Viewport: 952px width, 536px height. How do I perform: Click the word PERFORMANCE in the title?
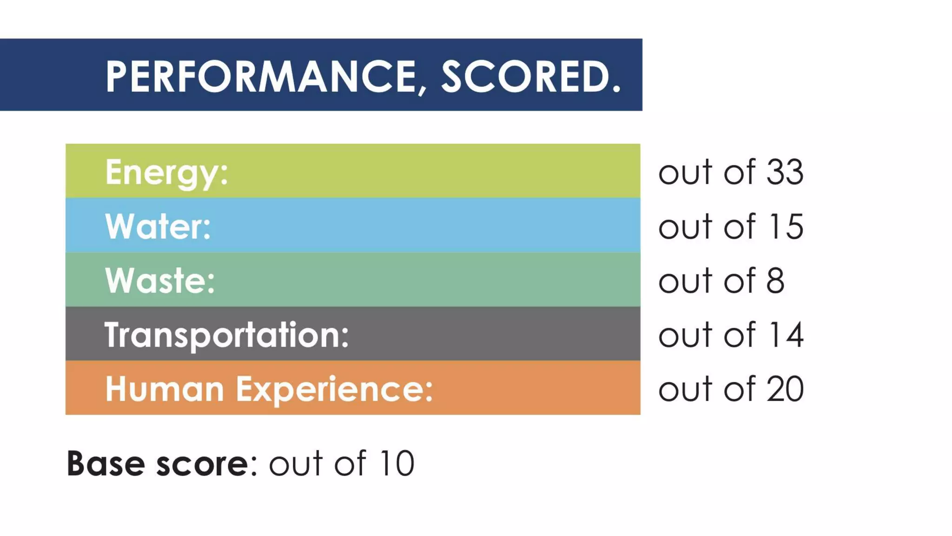[x=260, y=76]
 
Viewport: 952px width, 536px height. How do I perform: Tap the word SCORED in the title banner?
[x=523, y=76]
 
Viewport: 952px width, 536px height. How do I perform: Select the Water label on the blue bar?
[x=158, y=227]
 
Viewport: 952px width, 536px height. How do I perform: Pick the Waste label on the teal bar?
[x=160, y=281]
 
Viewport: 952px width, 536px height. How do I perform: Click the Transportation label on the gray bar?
[x=226, y=335]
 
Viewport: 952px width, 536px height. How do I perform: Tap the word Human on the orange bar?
[x=165, y=389]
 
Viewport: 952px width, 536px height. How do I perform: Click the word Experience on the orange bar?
[x=334, y=389]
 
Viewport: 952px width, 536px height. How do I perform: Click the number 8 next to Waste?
[x=775, y=281]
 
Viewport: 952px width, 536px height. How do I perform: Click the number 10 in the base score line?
[x=396, y=463]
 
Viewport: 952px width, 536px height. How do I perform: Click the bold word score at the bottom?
[x=202, y=464]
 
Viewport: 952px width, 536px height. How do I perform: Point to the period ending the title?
[x=616, y=88]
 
